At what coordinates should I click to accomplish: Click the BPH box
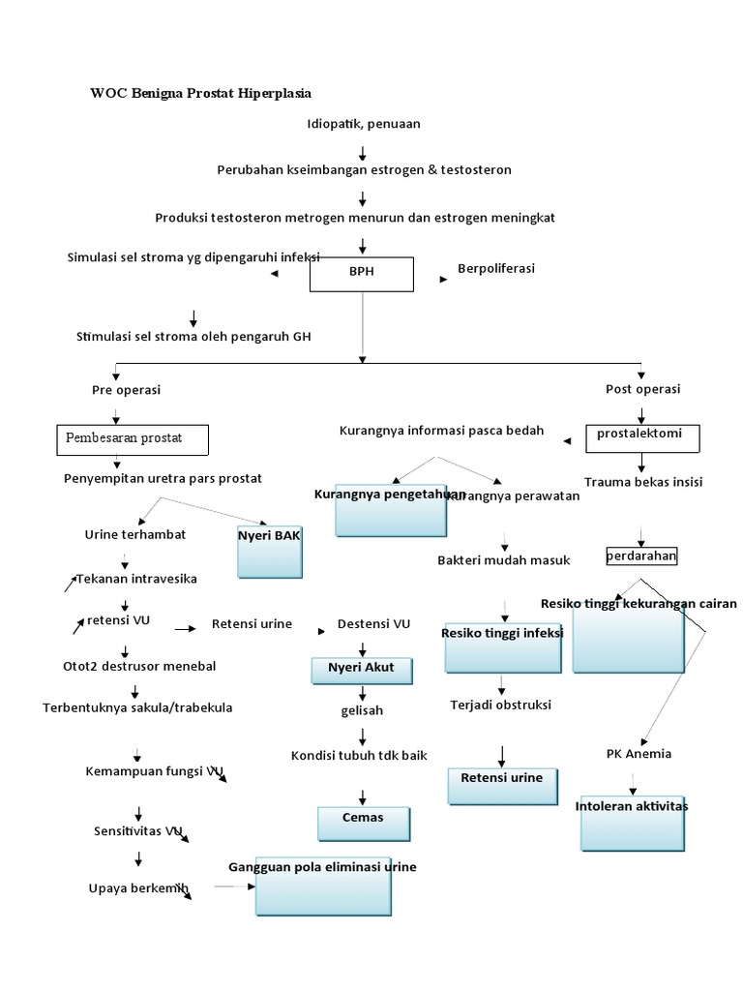click(361, 273)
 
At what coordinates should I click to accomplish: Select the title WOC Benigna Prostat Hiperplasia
click(201, 93)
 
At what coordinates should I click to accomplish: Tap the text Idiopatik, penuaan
click(363, 124)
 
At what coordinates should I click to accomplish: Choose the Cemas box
click(363, 823)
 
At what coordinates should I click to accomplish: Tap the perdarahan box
click(641, 556)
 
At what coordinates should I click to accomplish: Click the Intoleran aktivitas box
click(631, 819)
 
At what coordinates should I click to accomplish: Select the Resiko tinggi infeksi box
click(503, 646)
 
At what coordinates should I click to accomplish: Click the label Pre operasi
click(126, 389)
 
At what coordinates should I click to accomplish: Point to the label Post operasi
click(642, 389)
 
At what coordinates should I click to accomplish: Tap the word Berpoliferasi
click(496, 268)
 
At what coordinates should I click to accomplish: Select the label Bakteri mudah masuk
click(504, 559)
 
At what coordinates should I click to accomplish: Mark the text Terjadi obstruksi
click(500, 705)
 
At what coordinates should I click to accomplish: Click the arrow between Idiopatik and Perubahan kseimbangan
click(363, 153)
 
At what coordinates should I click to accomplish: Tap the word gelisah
click(362, 710)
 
